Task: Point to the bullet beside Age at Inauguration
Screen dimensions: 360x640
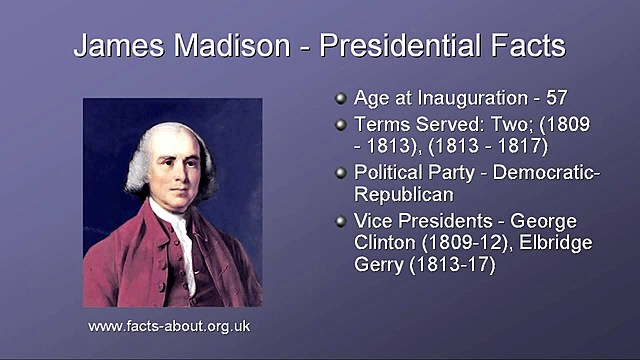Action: pos(341,99)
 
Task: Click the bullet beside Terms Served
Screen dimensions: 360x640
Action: pos(341,125)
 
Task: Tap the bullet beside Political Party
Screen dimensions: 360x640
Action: pos(341,172)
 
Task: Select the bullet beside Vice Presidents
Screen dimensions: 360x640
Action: pos(341,220)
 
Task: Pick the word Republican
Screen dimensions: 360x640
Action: pos(404,194)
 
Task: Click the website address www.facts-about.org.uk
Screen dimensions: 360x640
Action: pos(169,326)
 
